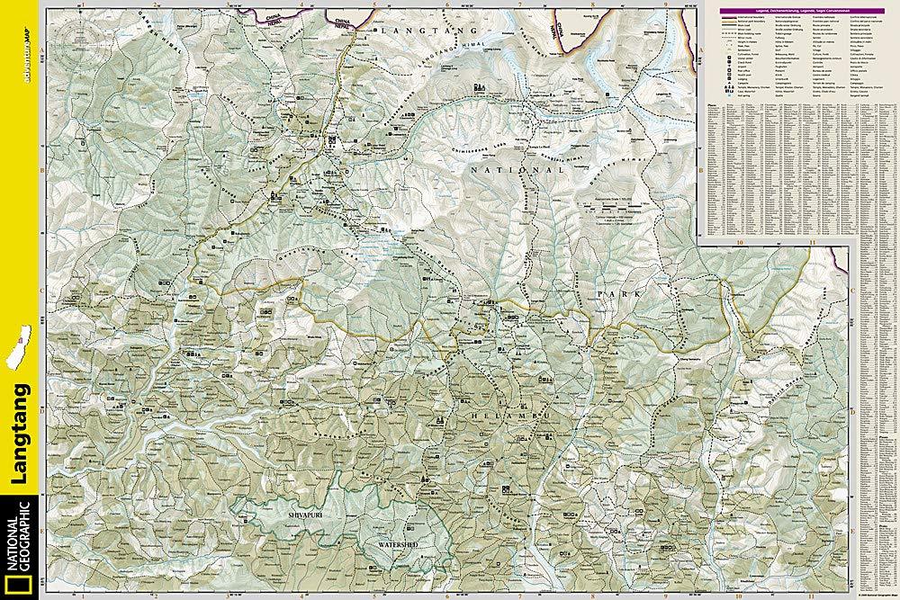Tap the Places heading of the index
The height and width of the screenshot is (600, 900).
[x=712, y=104]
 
